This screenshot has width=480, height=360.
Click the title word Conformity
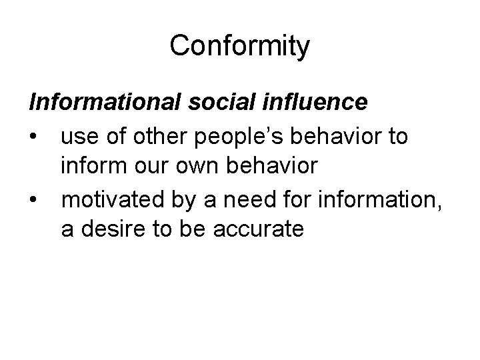click(x=239, y=47)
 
